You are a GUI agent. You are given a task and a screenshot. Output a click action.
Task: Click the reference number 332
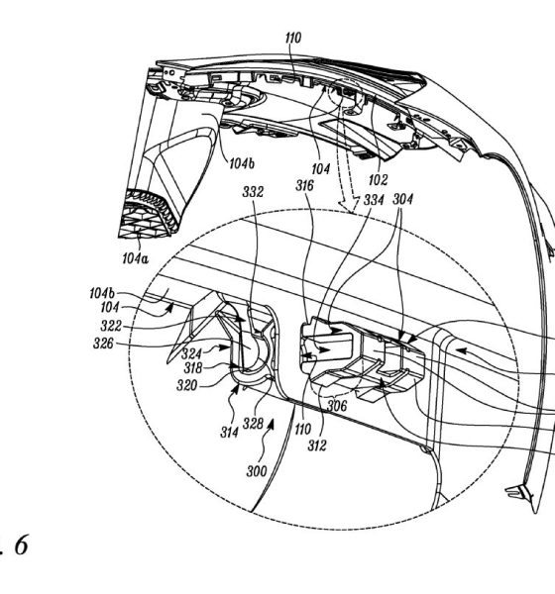pyautogui.click(x=253, y=192)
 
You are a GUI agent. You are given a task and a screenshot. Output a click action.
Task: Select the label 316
pyautogui.click(x=305, y=186)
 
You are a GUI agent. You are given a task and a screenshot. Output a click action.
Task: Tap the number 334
pyautogui.click(x=374, y=200)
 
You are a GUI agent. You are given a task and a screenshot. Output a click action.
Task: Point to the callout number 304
pyautogui.click(x=403, y=199)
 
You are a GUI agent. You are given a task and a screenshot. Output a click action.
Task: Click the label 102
pyautogui.click(x=379, y=180)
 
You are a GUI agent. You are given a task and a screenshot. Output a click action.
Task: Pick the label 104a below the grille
pyautogui.click(x=136, y=258)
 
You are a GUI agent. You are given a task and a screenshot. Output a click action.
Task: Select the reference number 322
pyautogui.click(x=111, y=326)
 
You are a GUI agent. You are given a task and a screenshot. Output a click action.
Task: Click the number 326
pyautogui.click(x=103, y=344)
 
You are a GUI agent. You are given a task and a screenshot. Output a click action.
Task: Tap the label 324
pyautogui.click(x=191, y=353)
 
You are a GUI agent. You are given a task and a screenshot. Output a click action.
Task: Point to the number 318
pyautogui.click(x=193, y=368)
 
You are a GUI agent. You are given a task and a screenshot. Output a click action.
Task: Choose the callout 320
pyautogui.click(x=187, y=385)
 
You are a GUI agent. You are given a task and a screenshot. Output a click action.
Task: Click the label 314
pyautogui.click(x=230, y=433)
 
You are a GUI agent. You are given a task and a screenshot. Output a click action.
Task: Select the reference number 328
pyautogui.click(x=253, y=423)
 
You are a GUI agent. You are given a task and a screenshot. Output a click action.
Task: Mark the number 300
pyautogui.click(x=257, y=471)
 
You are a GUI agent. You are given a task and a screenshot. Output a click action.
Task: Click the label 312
pyautogui.click(x=317, y=445)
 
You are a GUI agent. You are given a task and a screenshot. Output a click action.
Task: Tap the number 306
pyautogui.click(x=337, y=406)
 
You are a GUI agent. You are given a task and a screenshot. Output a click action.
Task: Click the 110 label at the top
pyautogui.click(x=293, y=38)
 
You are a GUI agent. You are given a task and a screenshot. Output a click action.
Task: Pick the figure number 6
pyautogui.click(x=21, y=545)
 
